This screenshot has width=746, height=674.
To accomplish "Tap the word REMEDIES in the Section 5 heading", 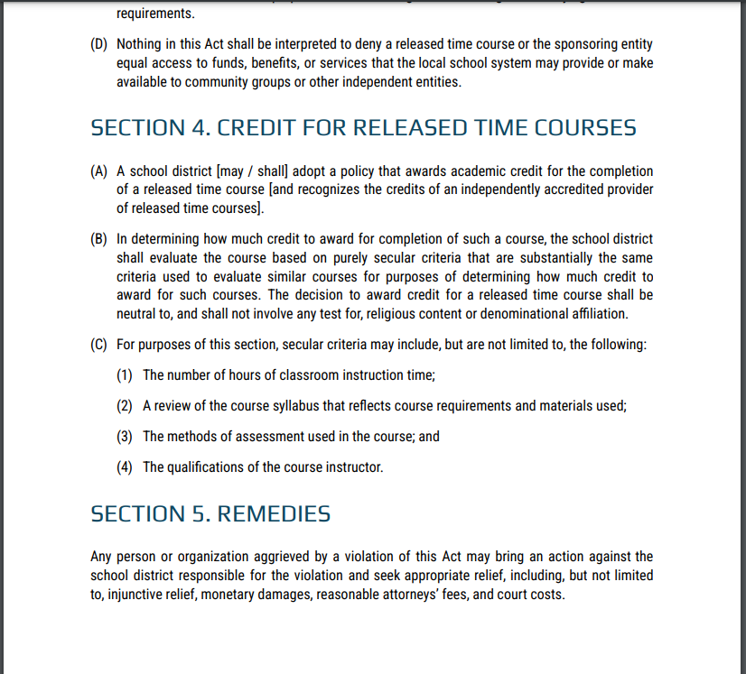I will (x=274, y=514).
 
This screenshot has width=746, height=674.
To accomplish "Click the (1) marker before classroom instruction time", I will (x=126, y=375).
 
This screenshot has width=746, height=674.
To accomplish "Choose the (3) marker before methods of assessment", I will (x=126, y=437).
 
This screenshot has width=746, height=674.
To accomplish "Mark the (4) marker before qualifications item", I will (x=126, y=467).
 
